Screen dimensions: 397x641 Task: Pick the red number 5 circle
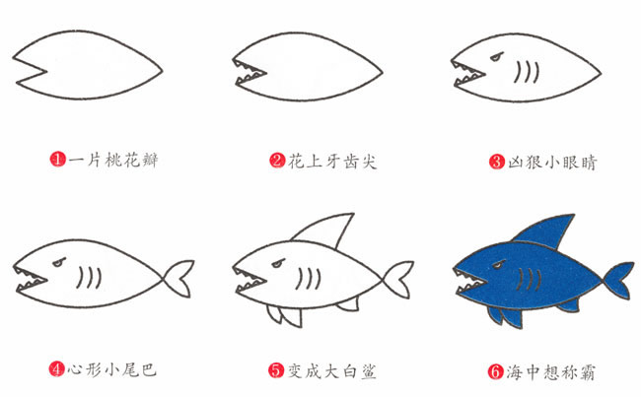coord(277,371)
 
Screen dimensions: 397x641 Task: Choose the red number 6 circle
coord(496,371)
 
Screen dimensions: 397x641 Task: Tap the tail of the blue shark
coord(616,279)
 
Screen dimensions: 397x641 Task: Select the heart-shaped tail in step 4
coord(178,276)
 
